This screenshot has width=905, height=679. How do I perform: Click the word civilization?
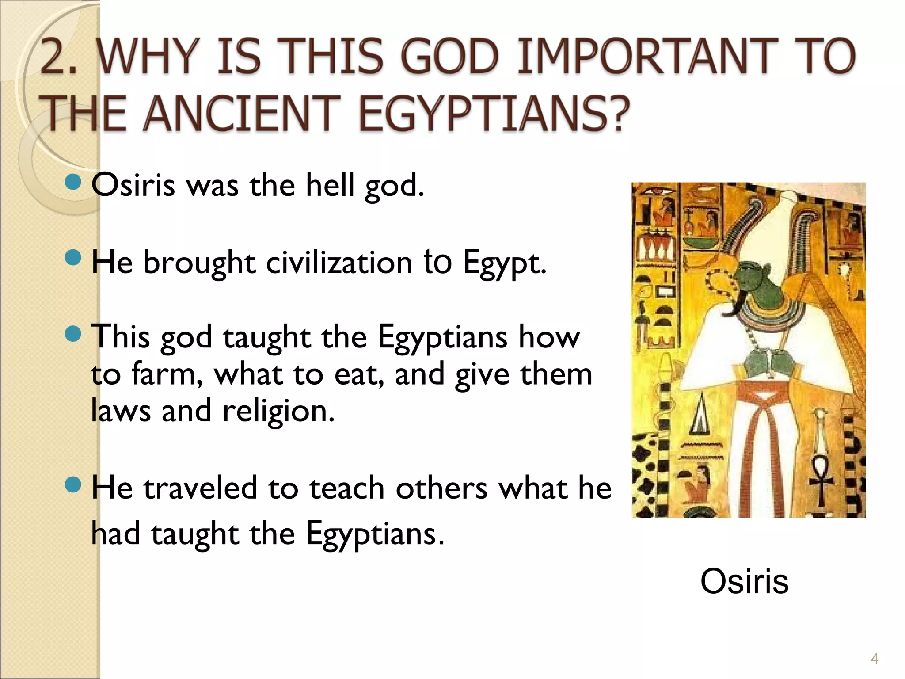[x=339, y=263]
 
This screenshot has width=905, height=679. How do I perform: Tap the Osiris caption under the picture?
[x=744, y=581]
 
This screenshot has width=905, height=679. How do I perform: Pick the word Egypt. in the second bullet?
[x=505, y=263]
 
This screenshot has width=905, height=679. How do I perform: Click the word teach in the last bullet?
[x=346, y=488]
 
